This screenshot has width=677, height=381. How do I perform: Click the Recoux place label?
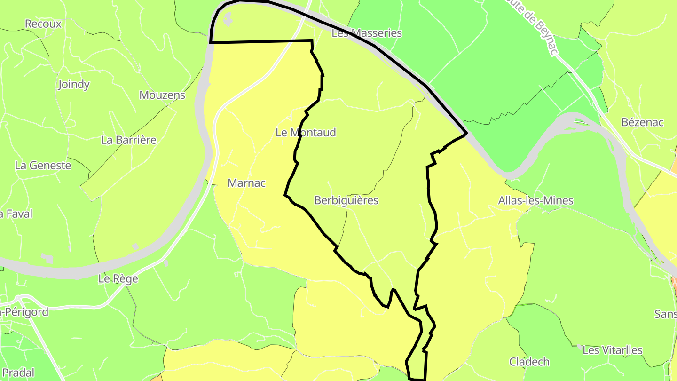(43, 24)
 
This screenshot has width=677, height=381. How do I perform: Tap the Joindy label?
(74, 85)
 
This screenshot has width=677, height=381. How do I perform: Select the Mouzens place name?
(162, 95)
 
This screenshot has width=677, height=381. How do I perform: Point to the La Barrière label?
(129, 140)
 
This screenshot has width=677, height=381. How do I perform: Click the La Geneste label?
(43, 166)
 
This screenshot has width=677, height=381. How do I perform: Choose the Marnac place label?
(247, 183)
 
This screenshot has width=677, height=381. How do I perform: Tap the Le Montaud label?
(306, 133)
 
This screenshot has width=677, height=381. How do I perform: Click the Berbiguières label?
(346, 200)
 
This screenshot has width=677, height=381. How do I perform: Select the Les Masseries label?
(367, 33)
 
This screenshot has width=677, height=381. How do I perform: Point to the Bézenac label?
(642, 122)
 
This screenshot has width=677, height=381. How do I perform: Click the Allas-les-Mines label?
(536, 201)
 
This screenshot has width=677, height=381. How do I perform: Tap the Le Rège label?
(118, 278)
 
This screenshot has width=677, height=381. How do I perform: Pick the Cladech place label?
(529, 362)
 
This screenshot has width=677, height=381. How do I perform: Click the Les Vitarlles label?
(613, 350)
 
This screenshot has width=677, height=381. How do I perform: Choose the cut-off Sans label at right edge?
(665, 314)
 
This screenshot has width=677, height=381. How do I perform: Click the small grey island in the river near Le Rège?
(47, 257)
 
